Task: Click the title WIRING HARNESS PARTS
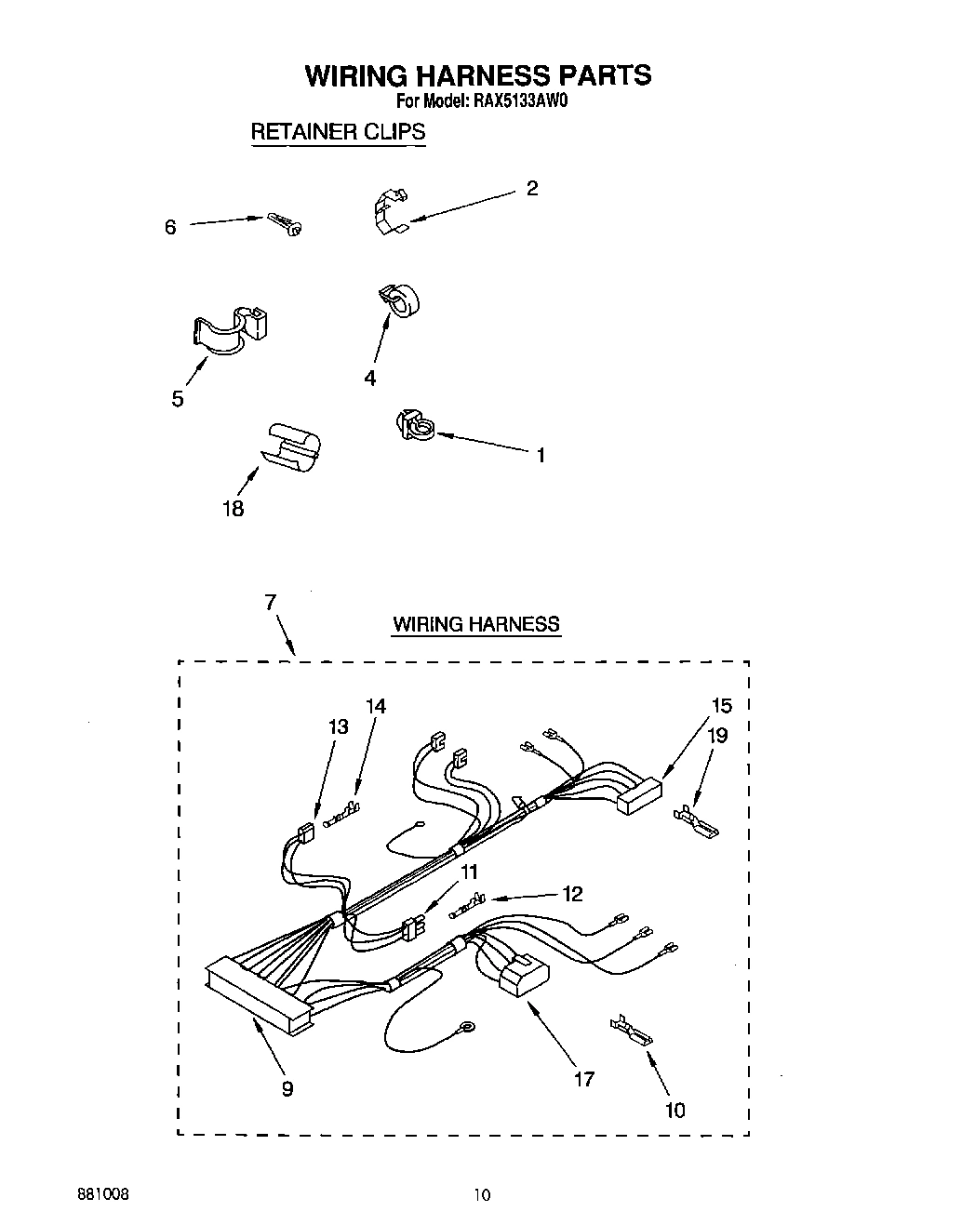[x=478, y=74]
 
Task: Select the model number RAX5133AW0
[x=514, y=102]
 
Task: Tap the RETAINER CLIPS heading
[x=338, y=132]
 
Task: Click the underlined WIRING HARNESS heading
[x=476, y=624]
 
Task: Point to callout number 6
[x=170, y=227]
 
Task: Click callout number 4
[x=370, y=378]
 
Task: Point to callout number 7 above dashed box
[x=270, y=602]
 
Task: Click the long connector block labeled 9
[x=259, y=995]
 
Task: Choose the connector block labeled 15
[x=640, y=795]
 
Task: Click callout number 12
[x=572, y=894]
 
